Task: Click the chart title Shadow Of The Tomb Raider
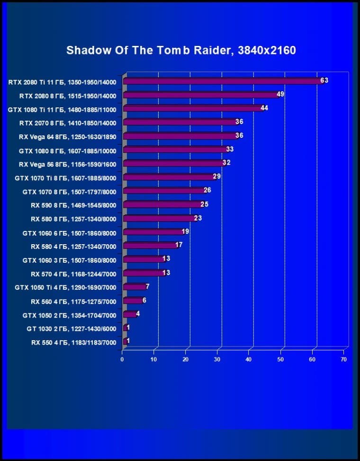coord(181,50)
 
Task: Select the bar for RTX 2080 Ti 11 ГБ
coord(223,81)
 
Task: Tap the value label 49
coord(280,95)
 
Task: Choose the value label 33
coord(230,150)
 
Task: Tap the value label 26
coord(207,190)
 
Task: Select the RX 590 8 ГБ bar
coord(162,204)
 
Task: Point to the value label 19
coord(186,231)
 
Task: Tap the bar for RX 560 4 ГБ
coord(133,301)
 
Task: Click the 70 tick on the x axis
coord(343,359)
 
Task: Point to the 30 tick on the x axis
coord(217,359)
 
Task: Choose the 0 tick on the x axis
coord(122,359)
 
